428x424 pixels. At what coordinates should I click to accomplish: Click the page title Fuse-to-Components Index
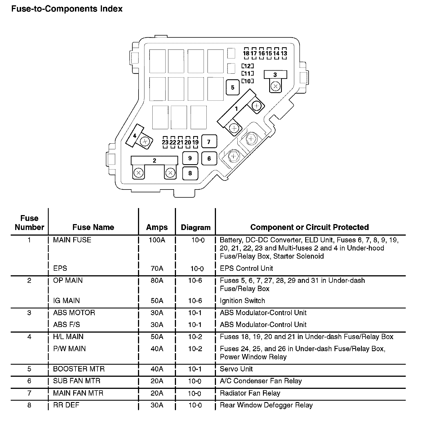click(x=67, y=9)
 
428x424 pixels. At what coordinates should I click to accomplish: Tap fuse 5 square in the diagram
click(x=233, y=87)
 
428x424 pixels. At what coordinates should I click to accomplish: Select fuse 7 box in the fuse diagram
click(x=209, y=142)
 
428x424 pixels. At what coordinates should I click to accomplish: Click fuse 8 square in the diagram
click(x=190, y=173)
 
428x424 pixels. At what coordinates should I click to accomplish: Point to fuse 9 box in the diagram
click(x=190, y=158)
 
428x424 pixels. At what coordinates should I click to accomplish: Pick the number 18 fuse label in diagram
click(x=246, y=53)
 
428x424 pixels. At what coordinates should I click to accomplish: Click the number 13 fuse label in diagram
click(x=284, y=53)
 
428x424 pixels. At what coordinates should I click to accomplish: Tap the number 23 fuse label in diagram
click(x=165, y=142)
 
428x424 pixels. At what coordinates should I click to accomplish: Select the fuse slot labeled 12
click(x=248, y=66)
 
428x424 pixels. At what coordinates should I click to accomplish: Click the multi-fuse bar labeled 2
click(x=154, y=161)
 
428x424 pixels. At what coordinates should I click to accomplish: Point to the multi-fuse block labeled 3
click(x=275, y=75)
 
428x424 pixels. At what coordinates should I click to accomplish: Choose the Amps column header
click(x=157, y=227)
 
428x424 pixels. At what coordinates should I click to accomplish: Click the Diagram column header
click(x=196, y=227)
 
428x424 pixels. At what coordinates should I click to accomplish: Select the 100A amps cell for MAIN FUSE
click(x=157, y=240)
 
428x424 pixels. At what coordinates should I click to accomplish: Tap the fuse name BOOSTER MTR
click(x=79, y=369)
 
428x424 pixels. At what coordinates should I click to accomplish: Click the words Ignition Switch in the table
click(x=242, y=301)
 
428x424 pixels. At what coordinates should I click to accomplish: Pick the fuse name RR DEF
click(x=66, y=405)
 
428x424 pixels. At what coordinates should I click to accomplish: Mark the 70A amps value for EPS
click(x=157, y=269)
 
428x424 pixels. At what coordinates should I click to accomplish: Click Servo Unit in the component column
click(x=236, y=369)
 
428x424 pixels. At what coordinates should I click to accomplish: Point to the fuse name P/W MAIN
click(x=69, y=349)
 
